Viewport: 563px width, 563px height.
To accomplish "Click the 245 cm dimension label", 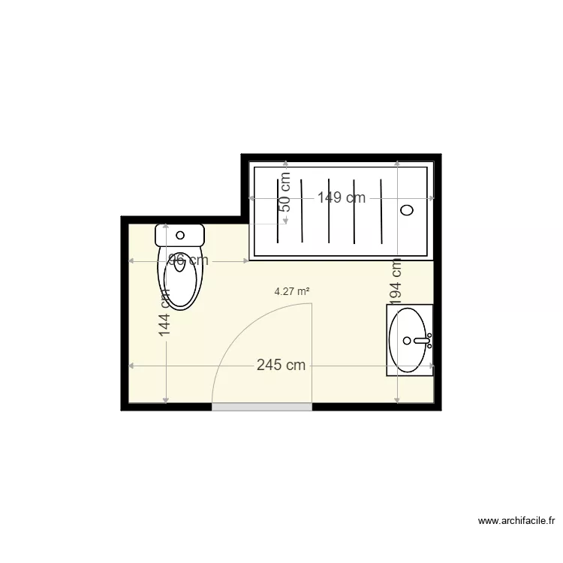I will coord(281,366).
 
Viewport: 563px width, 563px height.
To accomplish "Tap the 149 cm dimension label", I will coord(341,198).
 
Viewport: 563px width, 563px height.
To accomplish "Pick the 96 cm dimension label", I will coord(188,260).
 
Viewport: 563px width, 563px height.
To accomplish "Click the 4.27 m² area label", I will coord(292,292).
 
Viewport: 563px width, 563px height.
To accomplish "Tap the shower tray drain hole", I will coord(408,210).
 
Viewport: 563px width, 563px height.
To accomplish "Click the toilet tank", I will coord(179,235).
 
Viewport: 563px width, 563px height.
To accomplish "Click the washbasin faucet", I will coord(421,341).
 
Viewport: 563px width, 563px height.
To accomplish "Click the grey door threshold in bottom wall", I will coord(262,407).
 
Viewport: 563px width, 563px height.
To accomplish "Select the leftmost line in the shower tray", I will coord(279,211).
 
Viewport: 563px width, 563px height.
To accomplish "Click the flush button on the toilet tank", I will coord(179,235).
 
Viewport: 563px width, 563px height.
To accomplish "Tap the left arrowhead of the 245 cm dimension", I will coord(131,366).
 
